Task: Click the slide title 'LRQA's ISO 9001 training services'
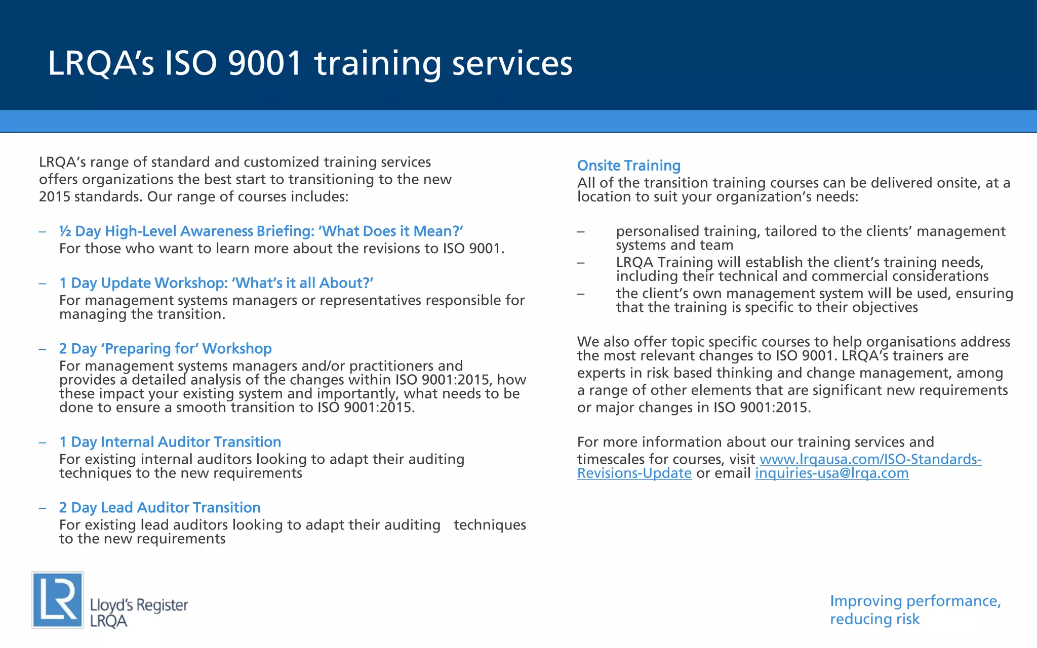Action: [310, 63]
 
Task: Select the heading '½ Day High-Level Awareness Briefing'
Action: [261, 231]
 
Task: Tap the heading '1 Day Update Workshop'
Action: [216, 283]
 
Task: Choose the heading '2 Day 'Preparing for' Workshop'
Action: [165, 349]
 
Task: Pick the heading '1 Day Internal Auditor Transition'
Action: [170, 442]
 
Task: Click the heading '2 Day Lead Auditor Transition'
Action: [159, 508]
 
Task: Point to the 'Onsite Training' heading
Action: [628, 166]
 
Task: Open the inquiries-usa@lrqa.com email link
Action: [831, 473]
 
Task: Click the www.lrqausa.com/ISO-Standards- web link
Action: [870, 459]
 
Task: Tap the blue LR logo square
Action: [58, 600]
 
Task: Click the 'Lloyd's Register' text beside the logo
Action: [139, 605]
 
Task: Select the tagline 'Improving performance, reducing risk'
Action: [914, 610]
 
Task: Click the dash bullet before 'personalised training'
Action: [581, 232]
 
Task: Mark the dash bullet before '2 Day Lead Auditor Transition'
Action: [43, 508]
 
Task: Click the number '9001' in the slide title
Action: [264, 63]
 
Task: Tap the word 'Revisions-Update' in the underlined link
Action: [634, 473]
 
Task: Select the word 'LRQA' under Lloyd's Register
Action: [108, 622]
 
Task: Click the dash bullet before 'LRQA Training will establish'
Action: [581, 263]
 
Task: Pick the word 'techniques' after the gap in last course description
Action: [490, 525]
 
